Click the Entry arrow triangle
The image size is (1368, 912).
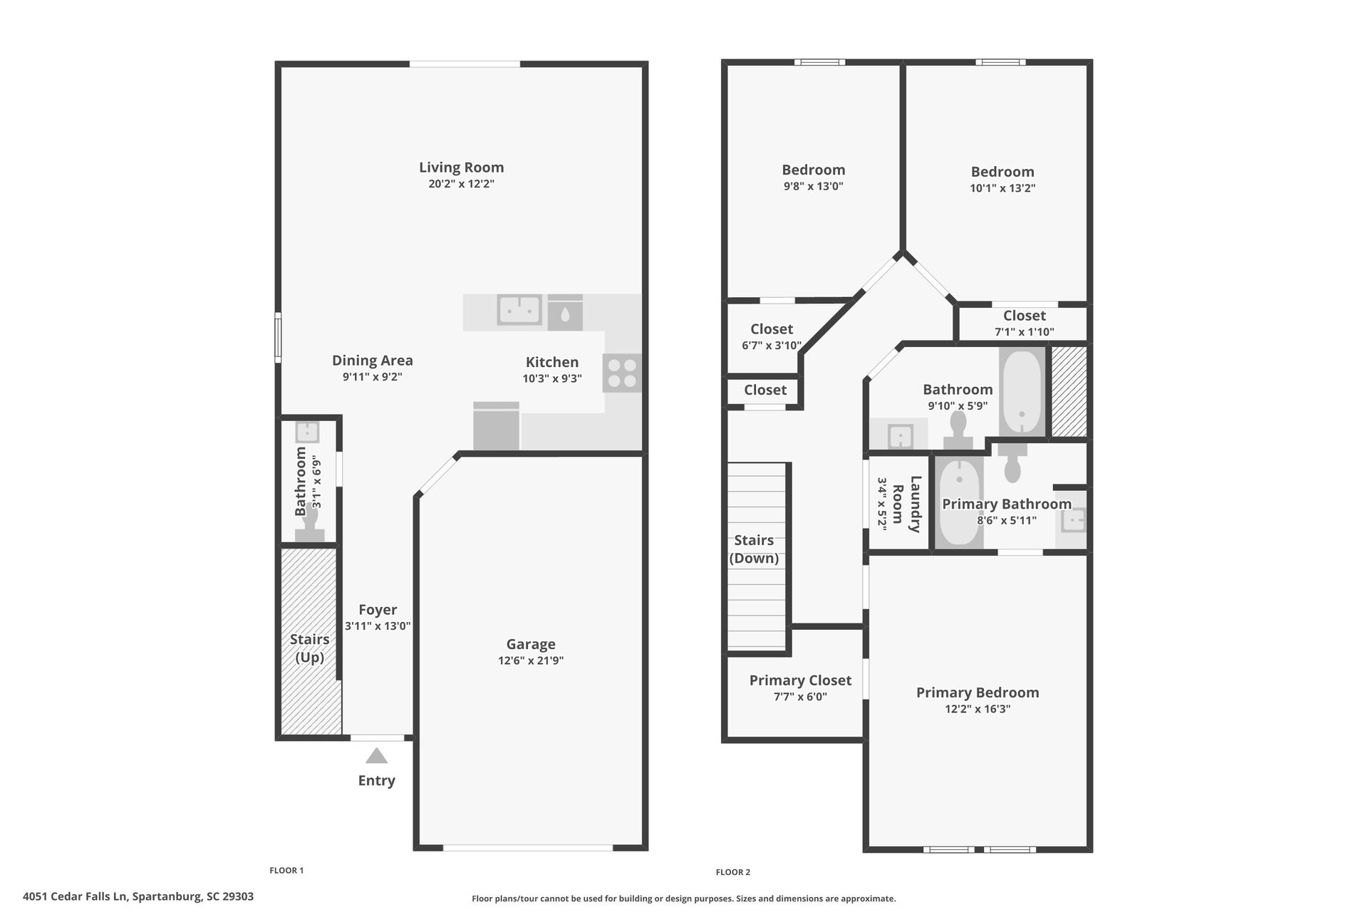pos(376,756)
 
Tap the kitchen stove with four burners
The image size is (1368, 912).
pos(621,373)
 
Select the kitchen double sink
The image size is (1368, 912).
pos(519,310)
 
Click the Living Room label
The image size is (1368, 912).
pos(461,167)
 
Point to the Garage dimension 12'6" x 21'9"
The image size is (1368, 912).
pos(531,660)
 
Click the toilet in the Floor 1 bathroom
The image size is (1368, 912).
pos(310,524)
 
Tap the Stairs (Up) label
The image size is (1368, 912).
pos(309,648)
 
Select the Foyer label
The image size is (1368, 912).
pos(378,610)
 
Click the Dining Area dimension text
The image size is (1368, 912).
pos(372,377)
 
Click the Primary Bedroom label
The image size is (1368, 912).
pos(978,693)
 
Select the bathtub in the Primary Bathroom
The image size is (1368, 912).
pos(958,503)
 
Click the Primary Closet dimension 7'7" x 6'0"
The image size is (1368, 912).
pos(800,697)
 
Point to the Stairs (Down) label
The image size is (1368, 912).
pos(754,549)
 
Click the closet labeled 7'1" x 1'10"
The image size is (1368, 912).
pos(1024,323)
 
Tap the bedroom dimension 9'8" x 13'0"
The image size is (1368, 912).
pos(813,186)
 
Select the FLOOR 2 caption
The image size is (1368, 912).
pos(732,872)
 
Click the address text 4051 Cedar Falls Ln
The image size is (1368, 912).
pos(138,896)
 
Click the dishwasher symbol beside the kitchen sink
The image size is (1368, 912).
pos(565,312)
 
